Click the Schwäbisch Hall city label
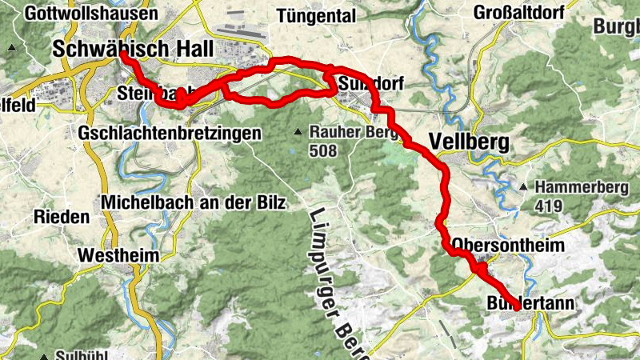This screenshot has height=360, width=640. click(133, 49)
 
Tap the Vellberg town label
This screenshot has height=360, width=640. click(468, 141)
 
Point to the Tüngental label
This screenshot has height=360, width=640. click(315, 15)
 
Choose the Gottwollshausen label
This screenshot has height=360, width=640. click(90, 14)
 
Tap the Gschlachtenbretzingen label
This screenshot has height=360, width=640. click(170, 134)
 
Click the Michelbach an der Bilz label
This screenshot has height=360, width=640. click(193, 203)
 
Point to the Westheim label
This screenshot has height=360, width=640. click(118, 256)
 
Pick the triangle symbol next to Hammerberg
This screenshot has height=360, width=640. click(523, 187)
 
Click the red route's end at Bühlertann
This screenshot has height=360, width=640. click(518, 306)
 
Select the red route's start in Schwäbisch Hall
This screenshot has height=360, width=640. click(123, 56)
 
